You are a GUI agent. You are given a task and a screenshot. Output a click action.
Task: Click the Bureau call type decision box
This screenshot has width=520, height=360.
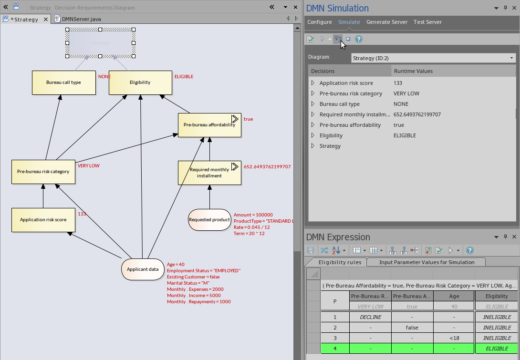63,82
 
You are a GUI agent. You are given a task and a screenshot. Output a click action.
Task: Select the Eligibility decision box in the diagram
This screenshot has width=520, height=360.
140,82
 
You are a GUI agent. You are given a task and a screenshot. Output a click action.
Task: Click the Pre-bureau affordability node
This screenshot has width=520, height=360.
209,125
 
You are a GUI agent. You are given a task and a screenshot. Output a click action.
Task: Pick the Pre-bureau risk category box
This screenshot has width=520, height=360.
43,172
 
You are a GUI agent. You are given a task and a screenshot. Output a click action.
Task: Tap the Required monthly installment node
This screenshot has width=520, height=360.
209,173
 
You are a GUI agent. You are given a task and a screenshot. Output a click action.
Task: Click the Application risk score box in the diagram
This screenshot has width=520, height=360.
43,220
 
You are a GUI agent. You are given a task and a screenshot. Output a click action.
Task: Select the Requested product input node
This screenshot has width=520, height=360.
209,220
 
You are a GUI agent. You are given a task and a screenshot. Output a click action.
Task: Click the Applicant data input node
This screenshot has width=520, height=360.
143,269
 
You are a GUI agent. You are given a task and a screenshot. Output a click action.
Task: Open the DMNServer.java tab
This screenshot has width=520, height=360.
81,19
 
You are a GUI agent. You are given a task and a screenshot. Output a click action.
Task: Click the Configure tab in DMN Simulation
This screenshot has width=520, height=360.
319,22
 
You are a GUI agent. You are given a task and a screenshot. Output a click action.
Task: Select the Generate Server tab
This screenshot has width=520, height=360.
387,22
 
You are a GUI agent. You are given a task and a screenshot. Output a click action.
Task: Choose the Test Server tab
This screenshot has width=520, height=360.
427,22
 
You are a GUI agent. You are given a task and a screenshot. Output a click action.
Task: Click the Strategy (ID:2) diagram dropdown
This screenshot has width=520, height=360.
433,58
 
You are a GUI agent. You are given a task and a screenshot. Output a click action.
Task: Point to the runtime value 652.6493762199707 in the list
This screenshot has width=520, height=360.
417,114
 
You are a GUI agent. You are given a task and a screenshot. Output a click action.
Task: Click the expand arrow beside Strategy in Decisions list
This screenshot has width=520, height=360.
313,146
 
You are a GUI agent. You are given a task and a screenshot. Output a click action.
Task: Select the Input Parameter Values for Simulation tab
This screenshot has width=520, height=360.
426,262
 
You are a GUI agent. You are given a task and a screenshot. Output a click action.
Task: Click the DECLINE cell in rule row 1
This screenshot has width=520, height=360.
370,317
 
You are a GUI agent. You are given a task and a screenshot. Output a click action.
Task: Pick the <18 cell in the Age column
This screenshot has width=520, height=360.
454,338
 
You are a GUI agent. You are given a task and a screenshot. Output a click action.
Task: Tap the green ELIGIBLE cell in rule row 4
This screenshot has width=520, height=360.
496,349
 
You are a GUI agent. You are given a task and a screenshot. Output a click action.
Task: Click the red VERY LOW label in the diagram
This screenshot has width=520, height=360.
88,166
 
